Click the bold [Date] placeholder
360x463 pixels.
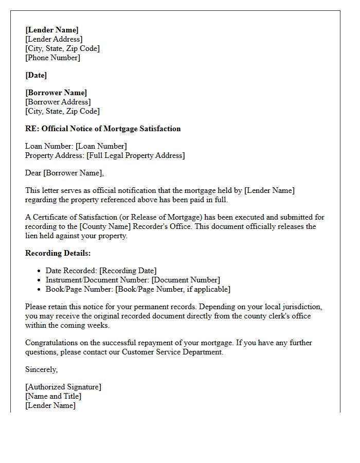(x=36, y=75)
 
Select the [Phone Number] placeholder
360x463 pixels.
(x=53, y=58)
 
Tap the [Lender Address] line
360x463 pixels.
(x=54, y=39)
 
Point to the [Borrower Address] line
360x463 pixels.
(x=58, y=102)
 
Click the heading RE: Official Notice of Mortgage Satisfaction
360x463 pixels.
(x=103, y=129)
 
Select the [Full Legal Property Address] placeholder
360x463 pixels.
(x=135, y=155)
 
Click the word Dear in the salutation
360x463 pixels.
(x=33, y=173)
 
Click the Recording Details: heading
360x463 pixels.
(x=58, y=253)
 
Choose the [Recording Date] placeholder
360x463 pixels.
(x=128, y=271)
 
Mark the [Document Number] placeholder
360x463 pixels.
(x=186, y=280)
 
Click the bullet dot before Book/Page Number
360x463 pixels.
(x=40, y=290)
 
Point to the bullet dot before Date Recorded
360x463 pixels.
(x=40, y=271)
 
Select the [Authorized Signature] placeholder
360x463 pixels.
(x=63, y=387)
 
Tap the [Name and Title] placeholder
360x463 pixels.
(x=53, y=396)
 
